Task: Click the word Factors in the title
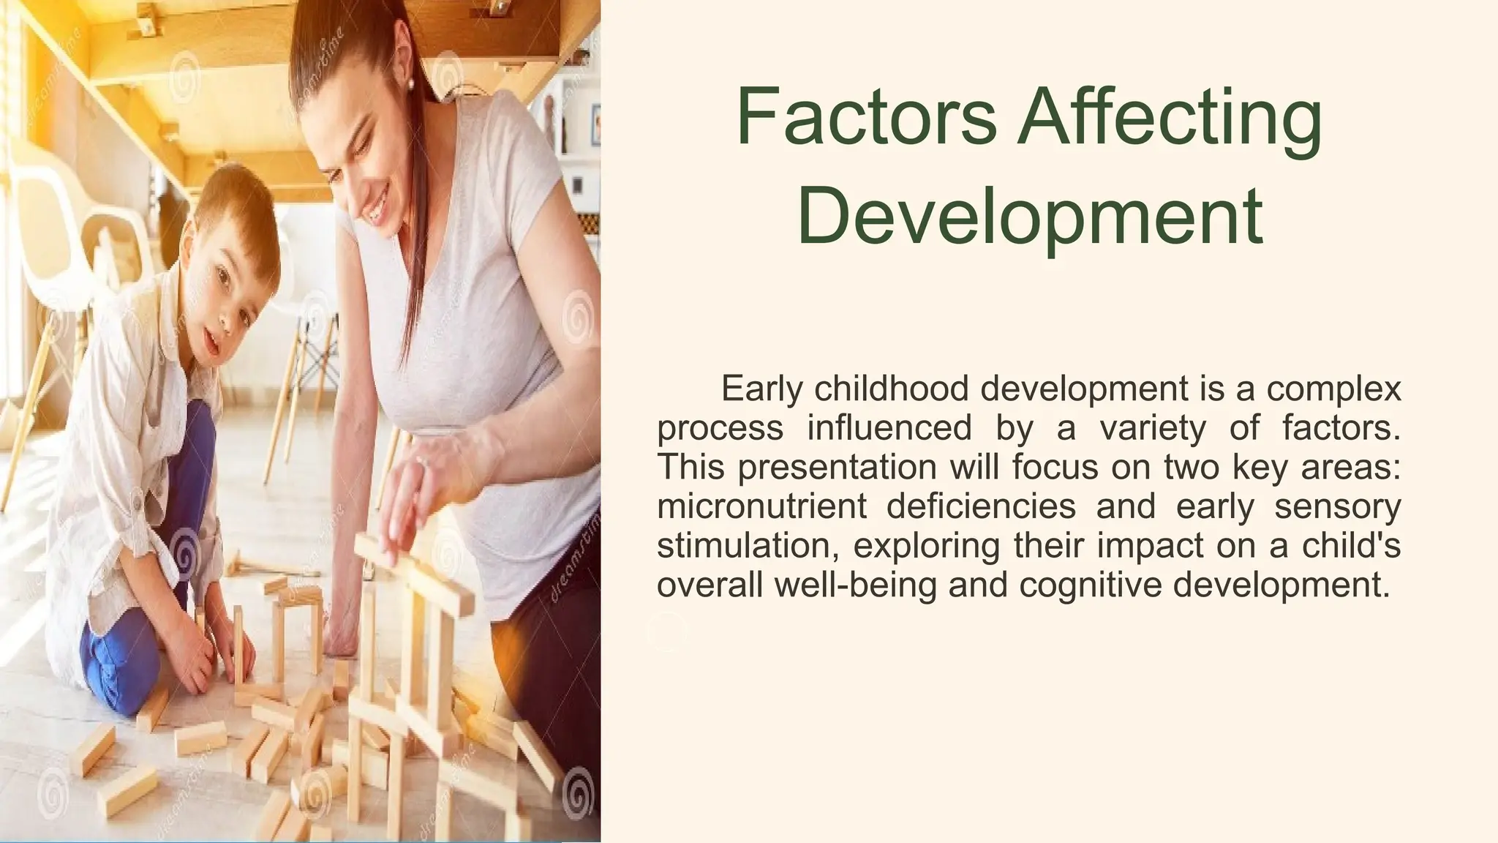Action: (867, 117)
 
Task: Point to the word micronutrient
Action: (761, 506)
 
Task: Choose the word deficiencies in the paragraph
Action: (981, 506)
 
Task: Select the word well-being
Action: (855, 585)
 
